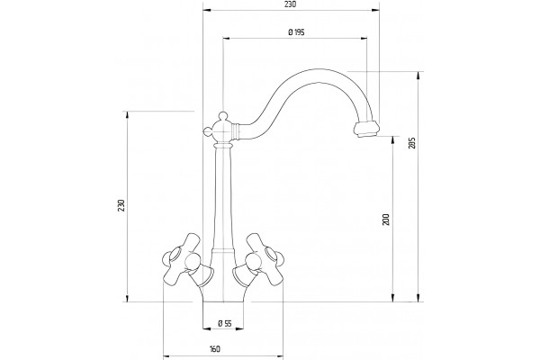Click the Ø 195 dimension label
[x=296, y=32]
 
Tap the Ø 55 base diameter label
[x=224, y=323]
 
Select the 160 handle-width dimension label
[x=214, y=349]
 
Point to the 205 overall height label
[x=412, y=143]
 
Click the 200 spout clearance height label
[x=386, y=220]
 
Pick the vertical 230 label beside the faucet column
[x=121, y=205]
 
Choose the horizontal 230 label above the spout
[x=291, y=4]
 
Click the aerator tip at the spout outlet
[x=367, y=129]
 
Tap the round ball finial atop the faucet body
[x=223, y=115]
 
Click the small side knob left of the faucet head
[x=207, y=130]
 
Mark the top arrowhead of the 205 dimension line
[x=418, y=76]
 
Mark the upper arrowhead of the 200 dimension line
[x=393, y=140]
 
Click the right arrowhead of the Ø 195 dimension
[x=363, y=38]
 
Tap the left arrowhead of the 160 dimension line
[x=167, y=355]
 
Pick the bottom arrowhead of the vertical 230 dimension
[x=128, y=298]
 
